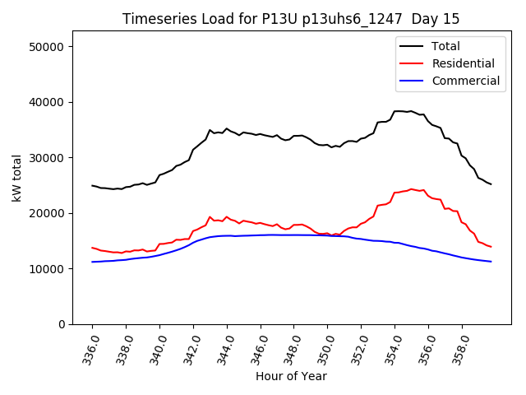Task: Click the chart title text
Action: coord(291,19)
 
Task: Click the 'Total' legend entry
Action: coord(445,46)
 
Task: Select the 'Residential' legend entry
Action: coord(463,63)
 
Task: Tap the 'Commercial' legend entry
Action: coord(465,81)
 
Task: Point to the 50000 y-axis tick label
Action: coord(48,47)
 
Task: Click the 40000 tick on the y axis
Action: coord(48,102)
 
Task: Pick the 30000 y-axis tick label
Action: coord(48,158)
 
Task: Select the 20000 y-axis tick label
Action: coord(48,213)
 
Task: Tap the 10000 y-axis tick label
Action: coord(48,269)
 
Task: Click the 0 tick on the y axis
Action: coord(61,324)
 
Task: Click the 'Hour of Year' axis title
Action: coord(291,377)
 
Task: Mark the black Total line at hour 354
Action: coord(395,111)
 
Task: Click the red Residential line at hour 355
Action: coord(412,188)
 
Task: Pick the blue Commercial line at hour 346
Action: coord(261,235)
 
